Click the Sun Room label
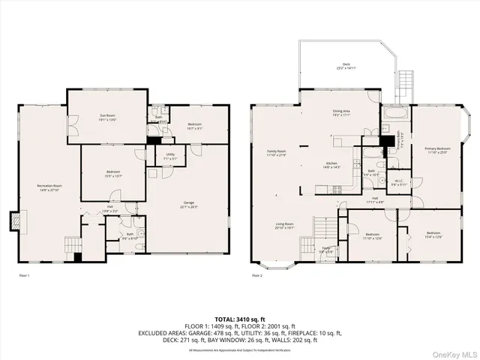coord(106,118)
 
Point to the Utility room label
coord(171,157)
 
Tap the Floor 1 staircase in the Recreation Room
coord(72,247)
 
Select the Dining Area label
coord(342,112)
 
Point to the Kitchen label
coord(331,166)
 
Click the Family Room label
coord(277,153)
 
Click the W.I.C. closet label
coord(399,182)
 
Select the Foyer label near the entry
coord(327,249)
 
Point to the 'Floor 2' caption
coord(257,276)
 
